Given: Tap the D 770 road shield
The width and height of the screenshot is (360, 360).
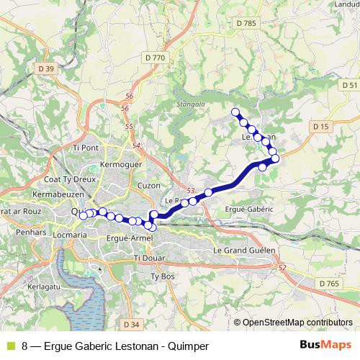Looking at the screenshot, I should pyautogui.click(x=155, y=57).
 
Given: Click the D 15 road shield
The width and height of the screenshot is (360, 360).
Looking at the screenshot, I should pyautogui.click(x=320, y=127).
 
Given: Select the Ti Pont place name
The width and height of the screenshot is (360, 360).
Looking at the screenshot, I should pyautogui.click(x=85, y=148).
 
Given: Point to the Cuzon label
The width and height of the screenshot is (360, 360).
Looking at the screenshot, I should pyautogui.click(x=148, y=185).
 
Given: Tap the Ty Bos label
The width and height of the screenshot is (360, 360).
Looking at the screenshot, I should pyautogui.click(x=163, y=276).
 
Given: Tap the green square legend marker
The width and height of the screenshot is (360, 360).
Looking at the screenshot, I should pyautogui.click(x=10, y=346).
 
